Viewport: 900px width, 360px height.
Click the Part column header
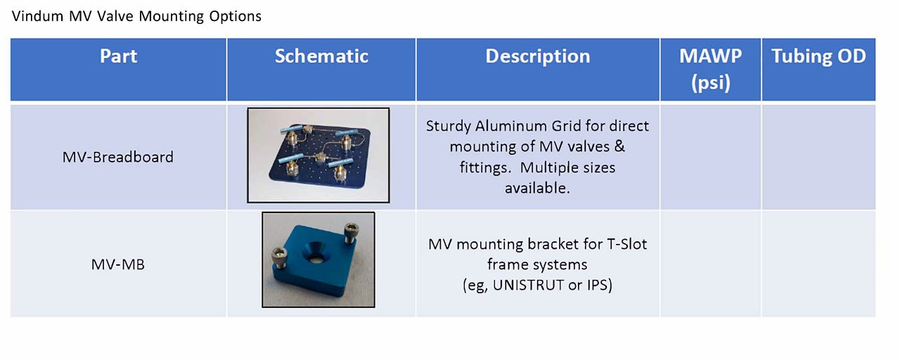pyautogui.click(x=118, y=56)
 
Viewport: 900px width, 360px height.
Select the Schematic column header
pyautogui.click(x=321, y=56)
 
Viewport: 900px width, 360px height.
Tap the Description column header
pyautogui.click(x=538, y=56)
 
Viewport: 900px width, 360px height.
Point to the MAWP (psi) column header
pyautogui.click(x=710, y=69)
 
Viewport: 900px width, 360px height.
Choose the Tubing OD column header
pyautogui.click(x=818, y=56)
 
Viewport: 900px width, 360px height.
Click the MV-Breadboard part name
pyautogui.click(x=117, y=157)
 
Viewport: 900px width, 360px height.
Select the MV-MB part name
pyautogui.click(x=117, y=264)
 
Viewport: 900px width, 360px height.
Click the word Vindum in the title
pyautogui.click(x=37, y=16)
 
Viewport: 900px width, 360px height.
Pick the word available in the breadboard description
pyautogui.click(x=537, y=188)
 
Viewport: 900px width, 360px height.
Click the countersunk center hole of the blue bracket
pyautogui.click(x=316, y=254)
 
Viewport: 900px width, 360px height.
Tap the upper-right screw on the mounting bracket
pyautogui.click(x=350, y=233)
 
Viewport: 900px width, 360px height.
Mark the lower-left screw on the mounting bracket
pyautogui.click(x=280, y=259)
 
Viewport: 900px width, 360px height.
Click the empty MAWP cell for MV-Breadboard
pyautogui.click(x=710, y=157)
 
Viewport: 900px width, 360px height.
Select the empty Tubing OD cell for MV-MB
pyautogui.click(x=818, y=264)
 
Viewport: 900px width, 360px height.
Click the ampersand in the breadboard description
pyautogui.click(x=619, y=146)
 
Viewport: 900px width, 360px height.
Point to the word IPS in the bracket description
pyautogui.click(x=598, y=285)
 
